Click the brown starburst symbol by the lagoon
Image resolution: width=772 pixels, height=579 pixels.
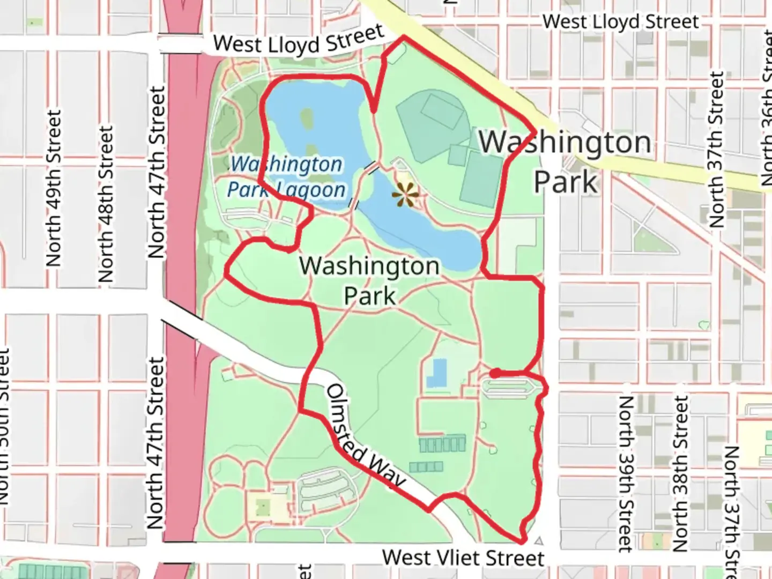406,195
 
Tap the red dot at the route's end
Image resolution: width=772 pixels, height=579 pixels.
496,373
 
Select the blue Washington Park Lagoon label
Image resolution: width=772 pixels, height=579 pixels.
286,177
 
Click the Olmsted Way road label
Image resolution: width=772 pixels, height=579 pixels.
365,436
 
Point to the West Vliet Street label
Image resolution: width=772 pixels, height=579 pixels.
463,558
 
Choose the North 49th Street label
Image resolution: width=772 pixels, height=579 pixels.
54,188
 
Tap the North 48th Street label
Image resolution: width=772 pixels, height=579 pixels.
106,204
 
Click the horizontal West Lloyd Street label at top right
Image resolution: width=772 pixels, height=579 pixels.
621,22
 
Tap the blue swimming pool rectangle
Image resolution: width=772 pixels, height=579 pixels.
437,373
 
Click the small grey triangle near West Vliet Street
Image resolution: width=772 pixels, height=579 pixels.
539,541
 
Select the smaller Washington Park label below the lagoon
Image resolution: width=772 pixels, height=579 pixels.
369,280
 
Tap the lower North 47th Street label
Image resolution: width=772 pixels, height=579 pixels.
155,443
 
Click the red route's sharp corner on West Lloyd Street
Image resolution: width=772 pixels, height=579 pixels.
404,37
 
